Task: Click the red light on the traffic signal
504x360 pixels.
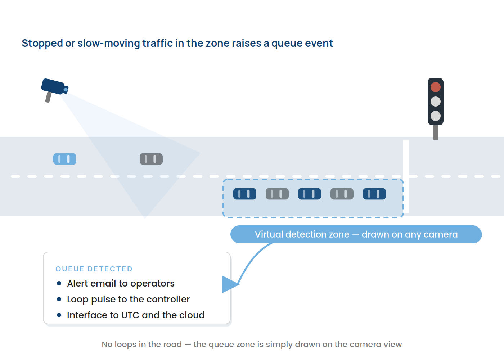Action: pos(435,87)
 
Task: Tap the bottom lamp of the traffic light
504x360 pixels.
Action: pos(435,116)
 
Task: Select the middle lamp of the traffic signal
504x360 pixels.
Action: pos(435,102)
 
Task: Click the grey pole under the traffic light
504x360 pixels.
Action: pos(435,132)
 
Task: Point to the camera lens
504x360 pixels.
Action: pos(66,90)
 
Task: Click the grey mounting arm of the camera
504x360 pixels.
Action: pos(48,97)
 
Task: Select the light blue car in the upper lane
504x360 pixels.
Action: pos(65,159)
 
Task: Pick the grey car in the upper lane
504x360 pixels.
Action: pos(151,159)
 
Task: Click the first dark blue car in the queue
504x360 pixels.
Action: pos(245,194)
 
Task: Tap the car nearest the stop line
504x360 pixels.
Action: pos(374,194)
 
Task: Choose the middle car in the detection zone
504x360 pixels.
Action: pos(310,194)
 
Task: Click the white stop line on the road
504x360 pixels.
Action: pos(406,176)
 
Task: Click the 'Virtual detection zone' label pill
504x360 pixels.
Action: pos(356,234)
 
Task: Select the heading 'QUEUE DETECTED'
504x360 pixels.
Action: pos(94,269)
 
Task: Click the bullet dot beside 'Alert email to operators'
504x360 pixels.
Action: pos(59,283)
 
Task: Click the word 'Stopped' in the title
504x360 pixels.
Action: pos(42,44)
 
